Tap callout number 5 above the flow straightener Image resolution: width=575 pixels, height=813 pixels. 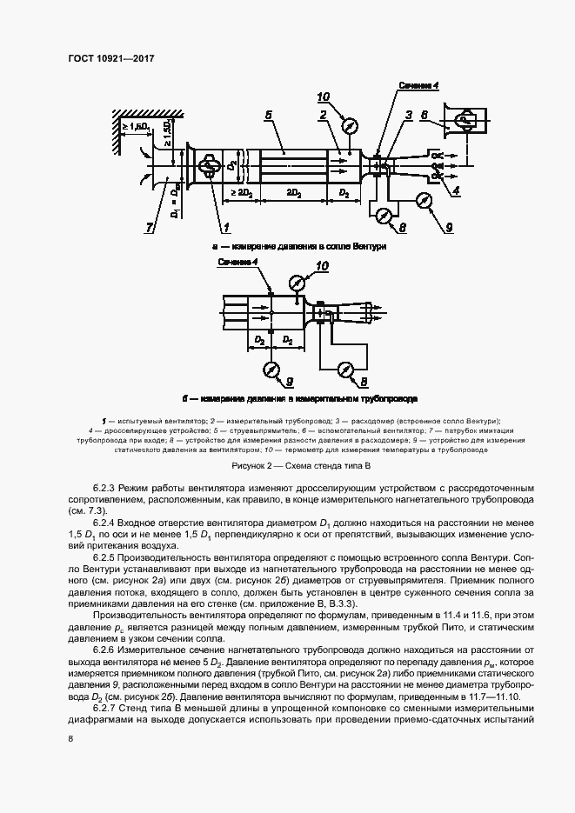269,116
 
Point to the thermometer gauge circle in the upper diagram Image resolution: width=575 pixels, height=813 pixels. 350,125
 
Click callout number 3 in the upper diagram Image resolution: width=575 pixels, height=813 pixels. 407,115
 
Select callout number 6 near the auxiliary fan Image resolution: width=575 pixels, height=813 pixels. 424,115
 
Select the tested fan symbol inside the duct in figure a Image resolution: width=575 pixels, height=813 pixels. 209,166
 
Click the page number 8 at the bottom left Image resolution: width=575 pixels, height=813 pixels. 70,739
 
